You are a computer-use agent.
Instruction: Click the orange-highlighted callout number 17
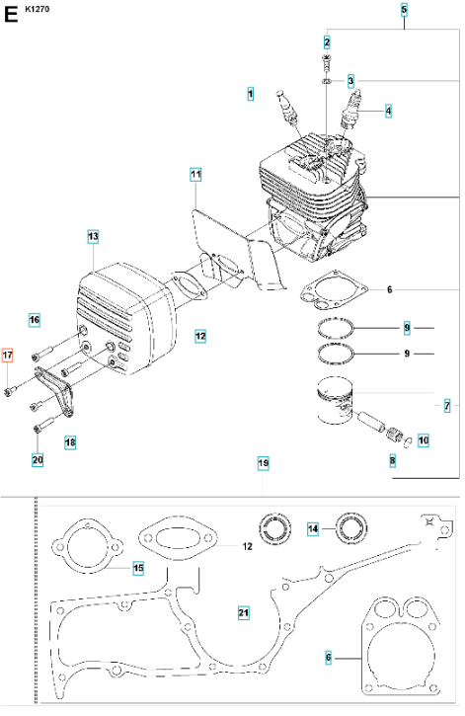coord(7,356)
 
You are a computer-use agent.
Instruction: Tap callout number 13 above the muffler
coord(93,237)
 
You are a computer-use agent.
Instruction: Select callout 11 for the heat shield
coord(195,175)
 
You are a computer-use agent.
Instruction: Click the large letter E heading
coord(11,15)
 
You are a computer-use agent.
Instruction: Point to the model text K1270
coord(38,9)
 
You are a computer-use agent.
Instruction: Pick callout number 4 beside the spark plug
coord(388,111)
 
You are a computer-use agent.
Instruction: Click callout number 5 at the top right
coord(404,10)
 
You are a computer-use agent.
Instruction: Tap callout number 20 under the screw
coord(38,459)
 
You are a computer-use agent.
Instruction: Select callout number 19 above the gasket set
coord(264,463)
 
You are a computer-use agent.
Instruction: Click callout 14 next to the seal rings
coord(313,528)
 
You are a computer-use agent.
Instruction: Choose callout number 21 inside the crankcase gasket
coord(244,613)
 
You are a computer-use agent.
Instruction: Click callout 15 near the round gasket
coord(138,568)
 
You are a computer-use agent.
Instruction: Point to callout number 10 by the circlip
coord(424,440)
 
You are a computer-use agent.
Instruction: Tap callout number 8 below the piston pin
coord(393,460)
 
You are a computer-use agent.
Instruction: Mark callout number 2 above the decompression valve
coord(327,42)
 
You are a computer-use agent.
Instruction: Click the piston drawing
coord(336,401)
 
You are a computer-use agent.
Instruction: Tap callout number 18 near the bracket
coord(70,442)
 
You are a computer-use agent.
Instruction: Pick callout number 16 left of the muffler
coord(35,320)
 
